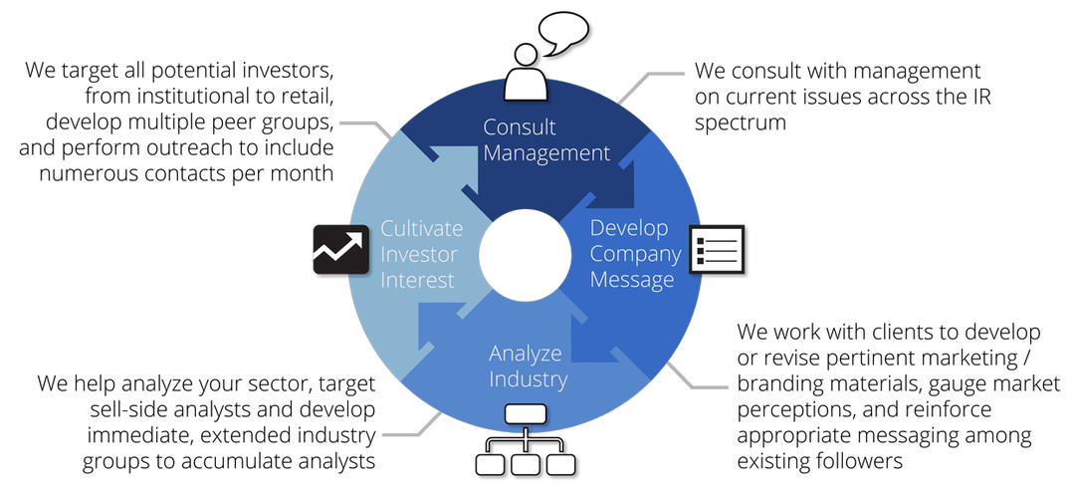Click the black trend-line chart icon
pyautogui.click(x=334, y=249)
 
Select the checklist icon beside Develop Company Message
pyautogui.click(x=718, y=249)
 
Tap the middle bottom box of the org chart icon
pyautogui.click(x=525, y=464)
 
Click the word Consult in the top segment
pyautogui.click(x=520, y=127)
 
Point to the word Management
pyautogui.click(x=546, y=153)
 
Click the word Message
pyautogui.click(x=632, y=280)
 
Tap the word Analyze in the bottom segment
pyautogui.click(x=526, y=354)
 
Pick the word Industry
pyautogui.click(x=528, y=379)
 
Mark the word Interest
pyautogui.click(x=416, y=280)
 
